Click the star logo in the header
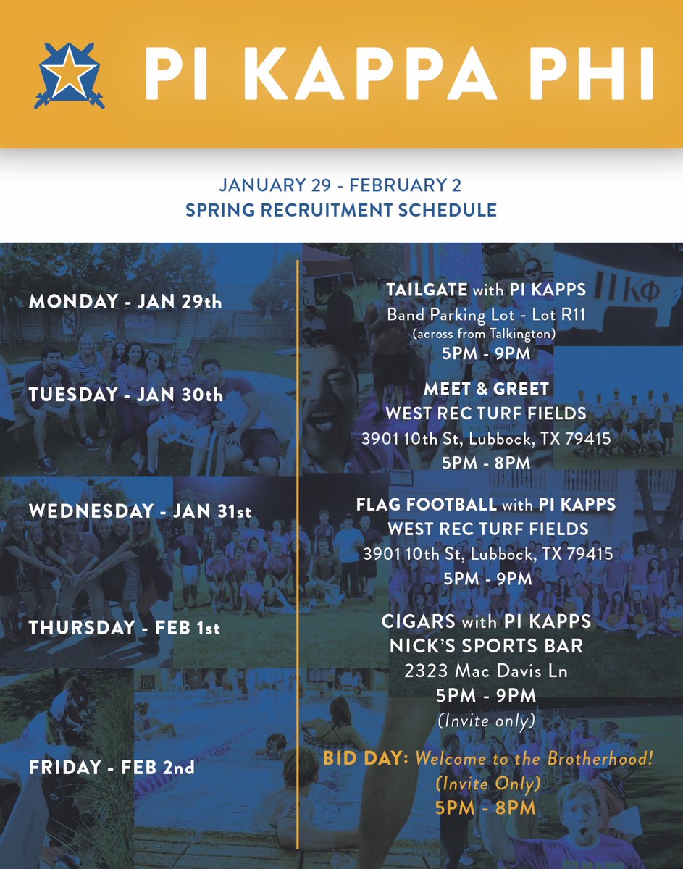click(x=69, y=75)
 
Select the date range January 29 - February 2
click(x=340, y=185)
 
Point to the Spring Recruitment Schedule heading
click(x=341, y=210)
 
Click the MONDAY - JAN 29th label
click(x=125, y=301)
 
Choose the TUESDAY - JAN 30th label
click(x=126, y=396)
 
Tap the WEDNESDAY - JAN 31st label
click(x=140, y=511)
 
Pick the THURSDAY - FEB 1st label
click(x=124, y=627)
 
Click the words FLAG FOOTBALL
click(x=427, y=504)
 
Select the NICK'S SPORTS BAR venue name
click(x=486, y=646)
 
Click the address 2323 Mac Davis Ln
click(x=486, y=671)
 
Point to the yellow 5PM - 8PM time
click(x=486, y=807)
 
